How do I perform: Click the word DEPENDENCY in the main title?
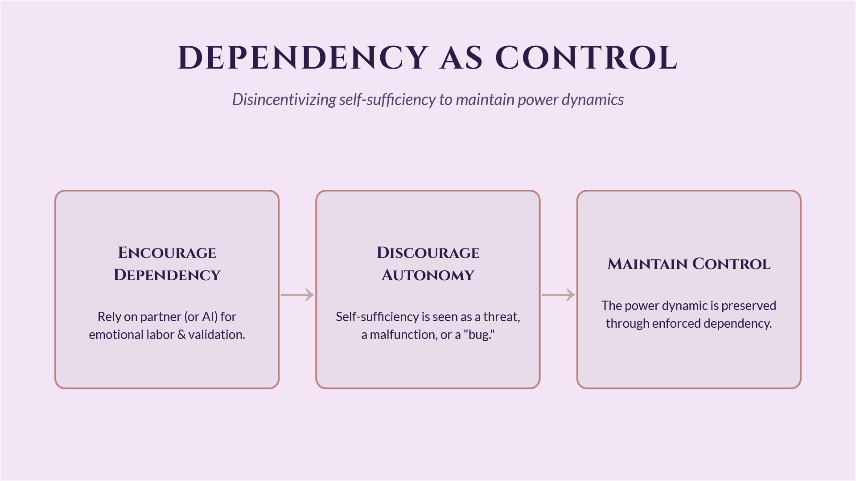pyautogui.click(x=303, y=58)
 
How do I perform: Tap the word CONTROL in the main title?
pyautogui.click(x=586, y=58)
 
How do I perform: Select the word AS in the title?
pyautogui.click(x=461, y=58)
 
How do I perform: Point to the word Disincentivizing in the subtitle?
pyautogui.click(x=284, y=100)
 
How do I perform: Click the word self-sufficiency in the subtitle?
pyautogui.click(x=387, y=100)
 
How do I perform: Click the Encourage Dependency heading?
pyautogui.click(x=167, y=264)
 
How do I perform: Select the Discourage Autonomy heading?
pyautogui.click(x=428, y=264)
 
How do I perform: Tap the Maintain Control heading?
pyautogui.click(x=689, y=264)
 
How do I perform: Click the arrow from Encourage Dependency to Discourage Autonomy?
pyautogui.click(x=297, y=295)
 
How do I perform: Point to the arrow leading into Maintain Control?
pyautogui.click(x=558, y=295)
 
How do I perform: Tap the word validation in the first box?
pyautogui.click(x=217, y=334)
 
